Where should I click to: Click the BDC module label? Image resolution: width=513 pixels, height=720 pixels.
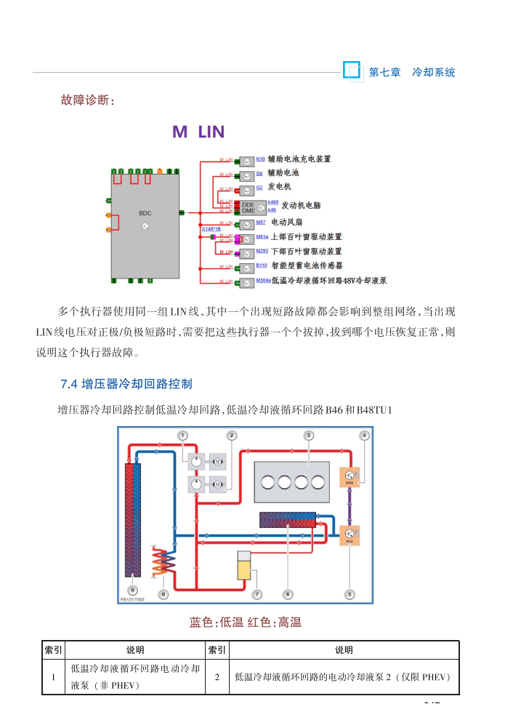pos(145,213)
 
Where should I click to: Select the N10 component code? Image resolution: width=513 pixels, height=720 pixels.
pos(260,159)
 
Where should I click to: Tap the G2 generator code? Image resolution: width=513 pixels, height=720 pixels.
pos(259,187)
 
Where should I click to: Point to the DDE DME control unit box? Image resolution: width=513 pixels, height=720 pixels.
pos(248,207)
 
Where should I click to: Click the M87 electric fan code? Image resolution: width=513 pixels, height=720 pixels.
pos(260,222)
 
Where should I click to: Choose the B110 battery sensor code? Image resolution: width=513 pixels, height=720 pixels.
pos(262,265)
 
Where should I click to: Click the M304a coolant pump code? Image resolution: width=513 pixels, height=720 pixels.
pos(263,280)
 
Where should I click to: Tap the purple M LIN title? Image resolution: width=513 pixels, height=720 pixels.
pos(198,132)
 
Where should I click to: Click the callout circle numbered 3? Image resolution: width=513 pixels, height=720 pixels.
pos(308,435)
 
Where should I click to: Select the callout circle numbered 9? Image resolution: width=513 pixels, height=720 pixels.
pos(132,593)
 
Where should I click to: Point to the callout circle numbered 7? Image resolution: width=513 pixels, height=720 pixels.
pos(256,594)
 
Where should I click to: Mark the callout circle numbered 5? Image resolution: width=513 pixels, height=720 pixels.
pos(350,594)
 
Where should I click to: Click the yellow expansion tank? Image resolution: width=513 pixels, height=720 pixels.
pos(244,565)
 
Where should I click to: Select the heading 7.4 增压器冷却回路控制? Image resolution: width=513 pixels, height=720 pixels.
pos(126,383)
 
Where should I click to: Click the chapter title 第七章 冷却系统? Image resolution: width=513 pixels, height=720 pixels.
pos(412,72)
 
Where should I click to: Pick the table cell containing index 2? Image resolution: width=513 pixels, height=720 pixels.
pos(218,676)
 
